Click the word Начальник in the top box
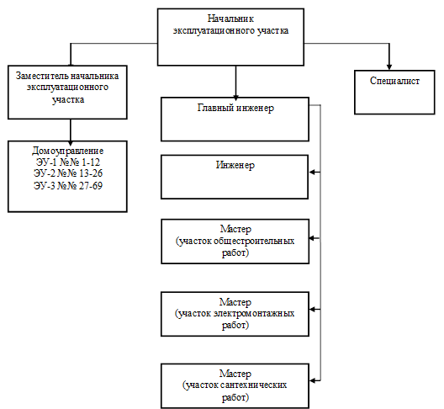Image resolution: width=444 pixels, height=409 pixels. [230, 19]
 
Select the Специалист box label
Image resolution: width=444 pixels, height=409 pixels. [394, 81]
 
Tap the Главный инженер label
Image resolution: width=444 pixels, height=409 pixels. [235, 108]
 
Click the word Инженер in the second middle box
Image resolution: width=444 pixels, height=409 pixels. [235, 165]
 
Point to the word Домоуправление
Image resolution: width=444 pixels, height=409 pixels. [67, 151]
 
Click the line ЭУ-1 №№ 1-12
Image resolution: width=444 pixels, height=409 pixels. [68, 162]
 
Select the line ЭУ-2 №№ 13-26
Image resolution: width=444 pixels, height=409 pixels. [68, 173]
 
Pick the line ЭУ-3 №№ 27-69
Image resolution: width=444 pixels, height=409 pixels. [68, 186]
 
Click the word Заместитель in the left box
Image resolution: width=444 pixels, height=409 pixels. [41, 76]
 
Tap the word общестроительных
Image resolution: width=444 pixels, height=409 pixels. [253, 241]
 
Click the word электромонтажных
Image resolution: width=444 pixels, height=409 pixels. [253, 313]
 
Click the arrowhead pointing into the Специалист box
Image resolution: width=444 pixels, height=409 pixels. [389, 66]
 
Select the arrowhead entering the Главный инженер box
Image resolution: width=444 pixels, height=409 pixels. [235, 97]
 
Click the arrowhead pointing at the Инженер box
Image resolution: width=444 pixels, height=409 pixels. [312, 172]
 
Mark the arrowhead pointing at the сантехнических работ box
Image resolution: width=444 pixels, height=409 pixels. [313, 380]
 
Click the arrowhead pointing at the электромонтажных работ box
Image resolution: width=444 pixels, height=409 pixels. [313, 310]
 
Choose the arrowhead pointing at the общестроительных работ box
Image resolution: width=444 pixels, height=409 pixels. [312, 238]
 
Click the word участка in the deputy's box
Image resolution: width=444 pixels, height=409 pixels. [68, 100]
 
